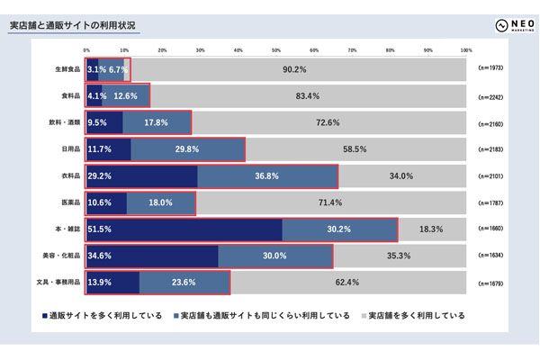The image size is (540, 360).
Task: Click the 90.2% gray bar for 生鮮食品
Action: point(297,69)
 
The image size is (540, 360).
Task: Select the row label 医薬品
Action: point(69,202)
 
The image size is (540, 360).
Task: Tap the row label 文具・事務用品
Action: point(62,283)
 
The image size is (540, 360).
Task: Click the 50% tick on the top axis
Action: point(275,49)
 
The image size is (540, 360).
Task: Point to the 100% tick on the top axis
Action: point(465,49)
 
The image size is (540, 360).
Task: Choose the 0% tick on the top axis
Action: point(86,49)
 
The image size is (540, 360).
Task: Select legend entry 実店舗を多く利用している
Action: point(417,316)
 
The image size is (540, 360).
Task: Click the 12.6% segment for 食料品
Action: point(126,96)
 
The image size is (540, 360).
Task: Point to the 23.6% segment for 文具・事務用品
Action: point(184,283)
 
